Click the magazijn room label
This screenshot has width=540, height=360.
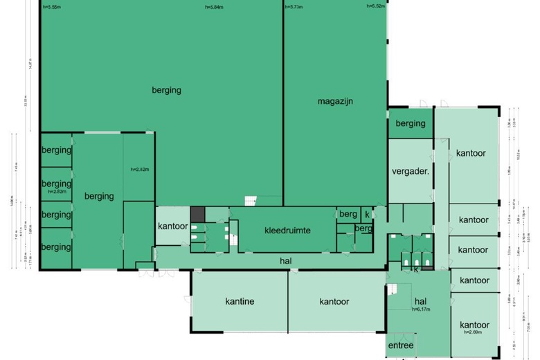point(336,101)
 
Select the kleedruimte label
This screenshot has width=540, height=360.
point(287,230)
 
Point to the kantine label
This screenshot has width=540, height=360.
point(240,301)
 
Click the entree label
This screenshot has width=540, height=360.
point(400,345)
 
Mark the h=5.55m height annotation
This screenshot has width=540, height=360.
point(51,7)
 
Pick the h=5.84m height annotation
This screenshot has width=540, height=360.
point(215,7)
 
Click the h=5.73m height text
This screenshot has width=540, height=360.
point(294,7)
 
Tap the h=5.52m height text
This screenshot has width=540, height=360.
point(376,7)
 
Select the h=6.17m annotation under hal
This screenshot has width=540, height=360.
point(422,309)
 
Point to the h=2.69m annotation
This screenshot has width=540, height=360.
point(474,332)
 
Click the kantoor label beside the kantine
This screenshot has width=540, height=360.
point(334,301)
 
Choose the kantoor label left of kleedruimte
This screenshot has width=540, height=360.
point(172,226)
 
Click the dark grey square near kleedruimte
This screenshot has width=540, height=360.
point(198,215)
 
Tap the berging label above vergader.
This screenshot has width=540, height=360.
point(411,123)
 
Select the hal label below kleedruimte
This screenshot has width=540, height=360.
point(285,260)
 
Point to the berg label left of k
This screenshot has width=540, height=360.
point(348,215)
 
